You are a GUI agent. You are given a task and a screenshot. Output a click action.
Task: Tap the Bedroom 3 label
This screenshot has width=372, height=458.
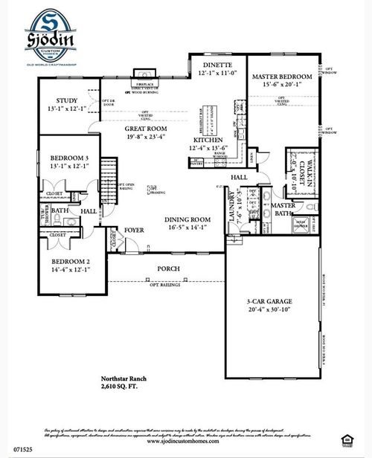69,158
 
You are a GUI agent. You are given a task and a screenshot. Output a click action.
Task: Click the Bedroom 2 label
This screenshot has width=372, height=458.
70,262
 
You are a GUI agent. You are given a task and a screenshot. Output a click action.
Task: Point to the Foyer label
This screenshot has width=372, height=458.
134,230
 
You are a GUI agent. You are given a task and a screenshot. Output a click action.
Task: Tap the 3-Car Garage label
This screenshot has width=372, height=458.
270,302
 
